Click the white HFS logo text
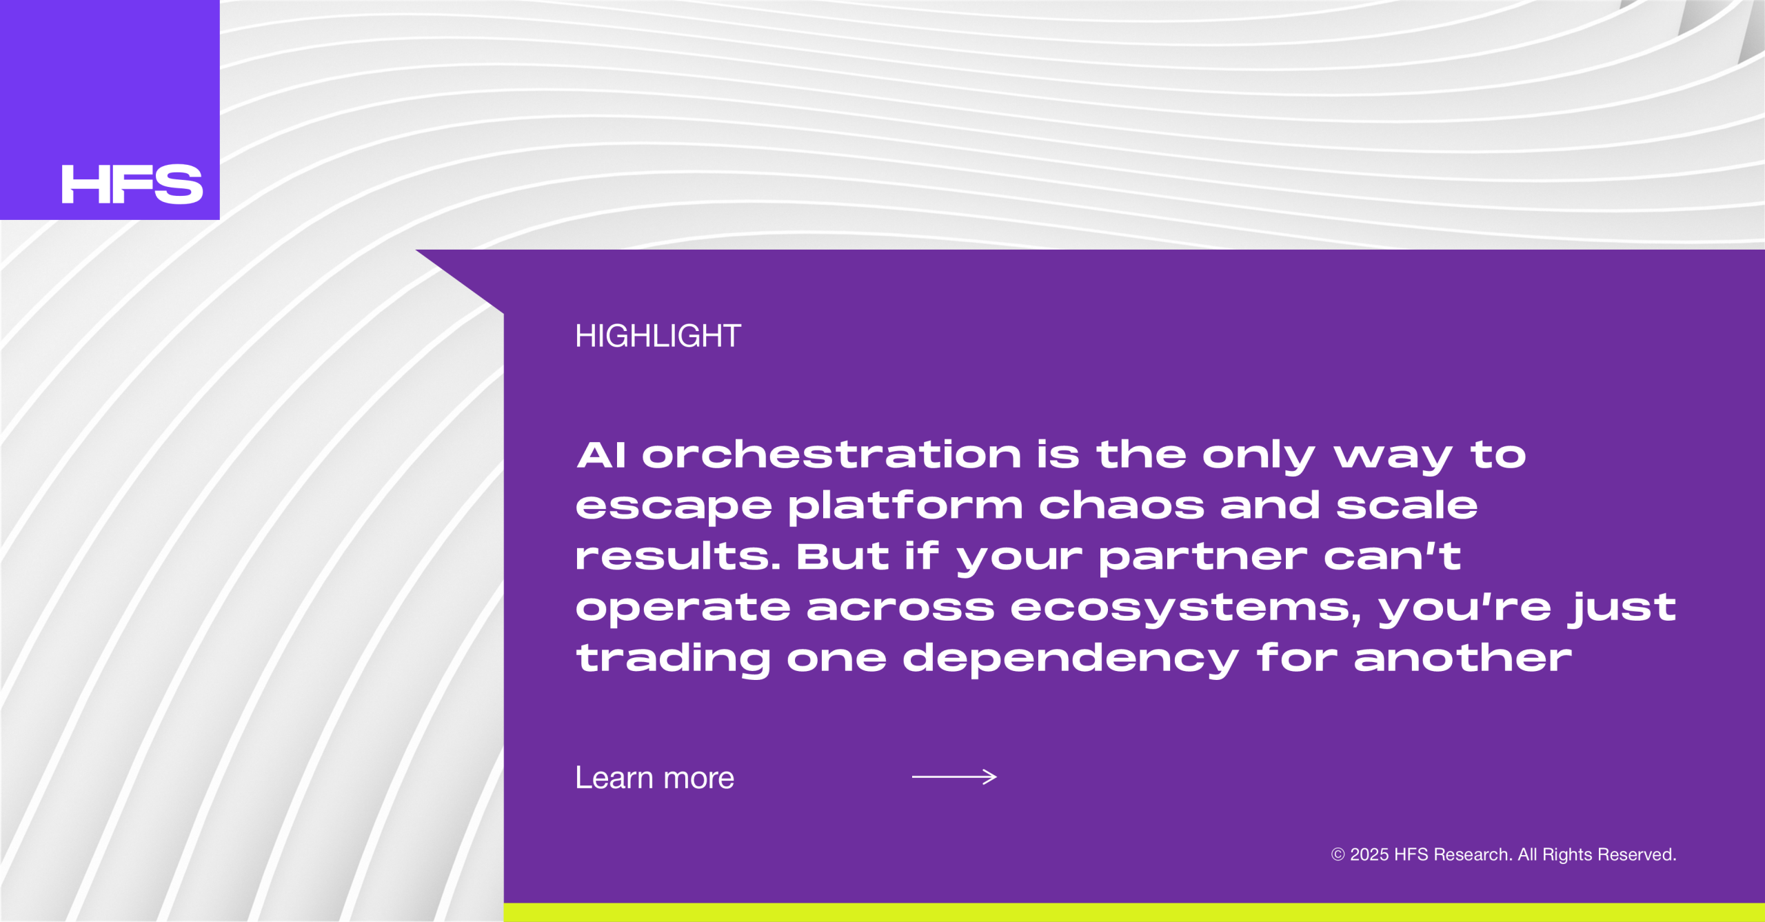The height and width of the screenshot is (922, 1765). (x=132, y=184)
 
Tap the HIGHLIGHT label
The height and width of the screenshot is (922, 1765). (x=658, y=336)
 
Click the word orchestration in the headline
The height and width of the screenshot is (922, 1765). (x=831, y=455)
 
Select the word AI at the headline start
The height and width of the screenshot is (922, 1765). (x=601, y=455)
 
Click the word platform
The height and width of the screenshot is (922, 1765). (x=905, y=506)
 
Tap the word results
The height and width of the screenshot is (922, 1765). (x=678, y=556)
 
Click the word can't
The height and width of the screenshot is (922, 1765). (x=1392, y=556)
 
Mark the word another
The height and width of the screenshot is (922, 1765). (x=1463, y=658)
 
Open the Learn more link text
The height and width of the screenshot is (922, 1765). (x=655, y=778)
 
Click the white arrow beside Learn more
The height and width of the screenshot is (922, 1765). (x=954, y=777)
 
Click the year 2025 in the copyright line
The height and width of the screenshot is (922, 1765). (x=1369, y=854)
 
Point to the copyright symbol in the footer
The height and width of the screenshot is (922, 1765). (x=1338, y=854)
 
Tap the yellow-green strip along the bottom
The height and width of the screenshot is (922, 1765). (x=1134, y=912)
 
